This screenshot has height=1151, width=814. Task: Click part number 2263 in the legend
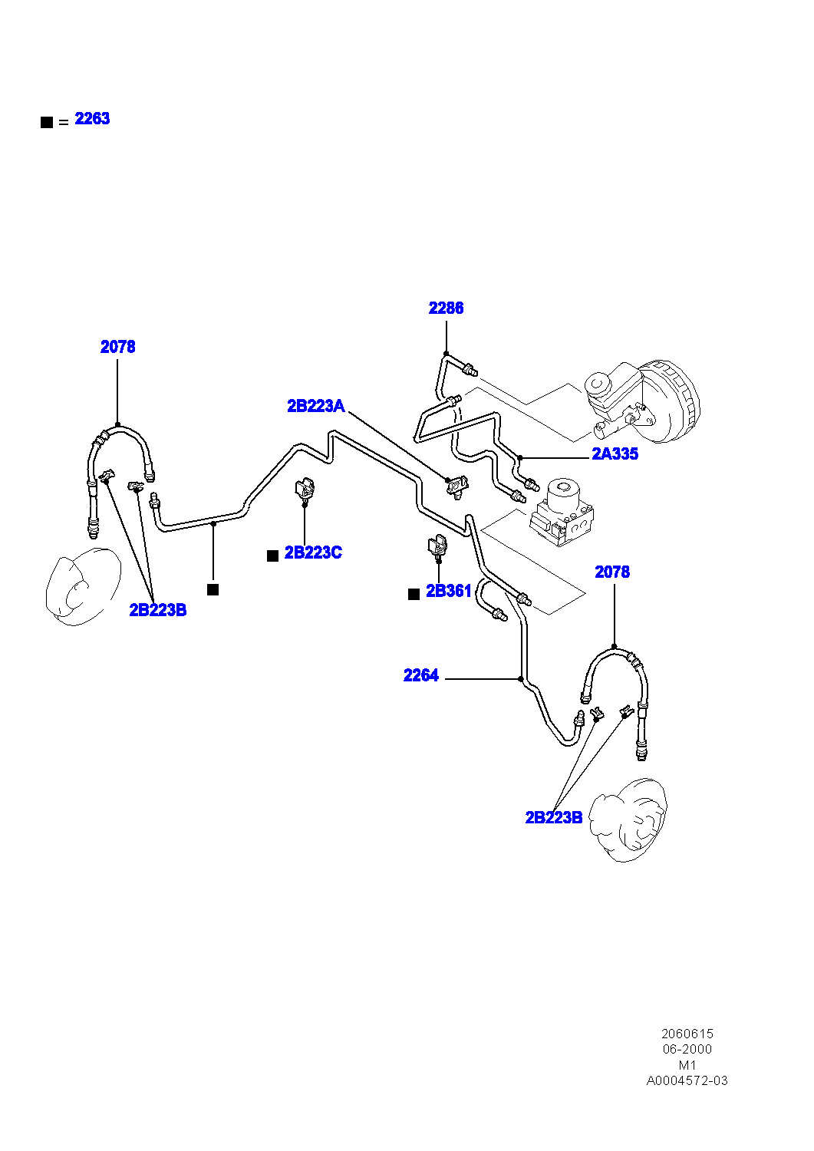(93, 119)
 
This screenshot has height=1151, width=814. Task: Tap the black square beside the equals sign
(47, 122)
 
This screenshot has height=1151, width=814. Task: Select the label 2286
(446, 308)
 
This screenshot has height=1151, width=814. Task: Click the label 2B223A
(316, 407)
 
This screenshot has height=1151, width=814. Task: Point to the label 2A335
(615, 453)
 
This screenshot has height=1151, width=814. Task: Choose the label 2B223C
(313, 553)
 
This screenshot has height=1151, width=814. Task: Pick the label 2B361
(449, 592)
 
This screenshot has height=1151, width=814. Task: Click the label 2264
(421, 675)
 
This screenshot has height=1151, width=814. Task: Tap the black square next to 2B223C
(273, 556)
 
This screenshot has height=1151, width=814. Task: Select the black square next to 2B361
(414, 595)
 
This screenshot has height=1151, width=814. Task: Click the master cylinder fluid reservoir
(612, 385)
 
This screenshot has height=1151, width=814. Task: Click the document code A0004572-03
(687, 1080)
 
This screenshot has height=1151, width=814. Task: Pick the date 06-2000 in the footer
(687, 1049)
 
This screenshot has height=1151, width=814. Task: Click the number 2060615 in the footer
(687, 1034)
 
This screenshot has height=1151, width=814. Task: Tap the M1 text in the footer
(687, 1065)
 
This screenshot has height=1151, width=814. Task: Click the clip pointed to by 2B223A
(456, 485)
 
